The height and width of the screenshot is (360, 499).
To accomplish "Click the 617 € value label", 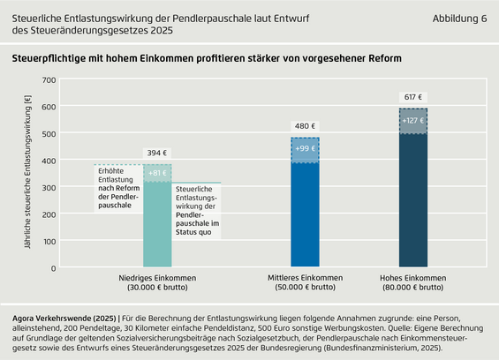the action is pos(413,97).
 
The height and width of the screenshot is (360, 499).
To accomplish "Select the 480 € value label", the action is pos(305,126).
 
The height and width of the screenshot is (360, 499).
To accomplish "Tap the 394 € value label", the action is pos(157,153).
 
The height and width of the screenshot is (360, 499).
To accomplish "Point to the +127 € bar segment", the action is pos(413,121).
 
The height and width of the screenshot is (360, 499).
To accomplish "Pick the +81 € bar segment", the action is pos(157,173).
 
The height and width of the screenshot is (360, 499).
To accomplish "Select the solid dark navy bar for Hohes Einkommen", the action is pos(413,200).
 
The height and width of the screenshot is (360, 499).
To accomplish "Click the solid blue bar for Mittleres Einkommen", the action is pos(305,214).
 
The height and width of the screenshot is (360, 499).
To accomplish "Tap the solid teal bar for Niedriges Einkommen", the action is pos(157,224).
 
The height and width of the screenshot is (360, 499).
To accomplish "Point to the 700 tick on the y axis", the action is pos(49,80).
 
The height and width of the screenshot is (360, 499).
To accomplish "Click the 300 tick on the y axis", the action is pos(49,188).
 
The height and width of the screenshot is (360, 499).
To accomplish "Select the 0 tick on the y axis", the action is pos(53,268).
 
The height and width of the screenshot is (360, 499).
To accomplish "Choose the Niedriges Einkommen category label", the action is pos(157,282).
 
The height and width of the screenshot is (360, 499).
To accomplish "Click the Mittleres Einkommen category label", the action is pos(306,282).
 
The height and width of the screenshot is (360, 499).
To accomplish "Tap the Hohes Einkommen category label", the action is pos(413,282).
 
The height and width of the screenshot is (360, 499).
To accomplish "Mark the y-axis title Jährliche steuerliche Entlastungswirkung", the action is pos(27,172).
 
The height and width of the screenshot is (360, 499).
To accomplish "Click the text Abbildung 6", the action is pos(459,19).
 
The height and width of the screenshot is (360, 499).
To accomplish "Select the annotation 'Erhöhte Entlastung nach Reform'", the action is pos(118,188).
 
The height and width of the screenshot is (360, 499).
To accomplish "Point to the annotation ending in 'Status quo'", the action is pos(197,211).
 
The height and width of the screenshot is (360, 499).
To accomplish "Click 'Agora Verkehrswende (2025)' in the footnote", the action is pos(64,319).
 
